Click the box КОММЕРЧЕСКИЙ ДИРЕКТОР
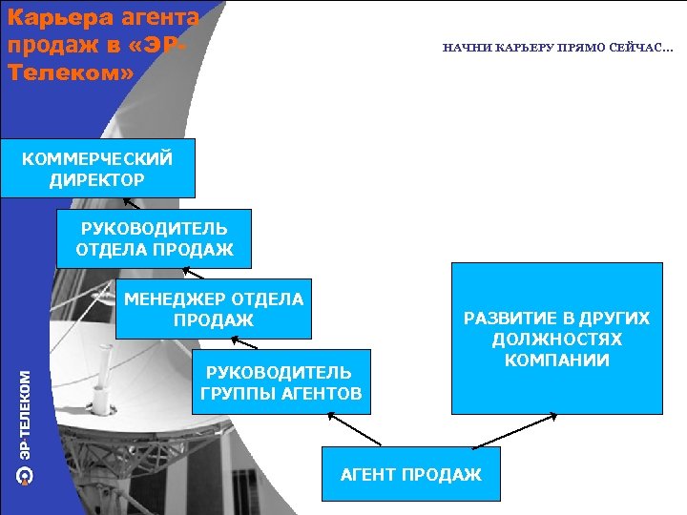point(97,168)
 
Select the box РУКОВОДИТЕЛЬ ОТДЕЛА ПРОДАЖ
point(154,238)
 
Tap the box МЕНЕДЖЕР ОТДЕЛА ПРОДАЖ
point(214,310)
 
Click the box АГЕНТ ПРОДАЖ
point(410,474)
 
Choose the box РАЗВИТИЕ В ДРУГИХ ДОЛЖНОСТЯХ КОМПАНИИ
point(556,339)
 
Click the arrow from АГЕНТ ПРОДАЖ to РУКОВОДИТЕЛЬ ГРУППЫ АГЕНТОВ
point(354,429)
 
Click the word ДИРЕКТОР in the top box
point(97,179)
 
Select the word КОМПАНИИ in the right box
point(557,360)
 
